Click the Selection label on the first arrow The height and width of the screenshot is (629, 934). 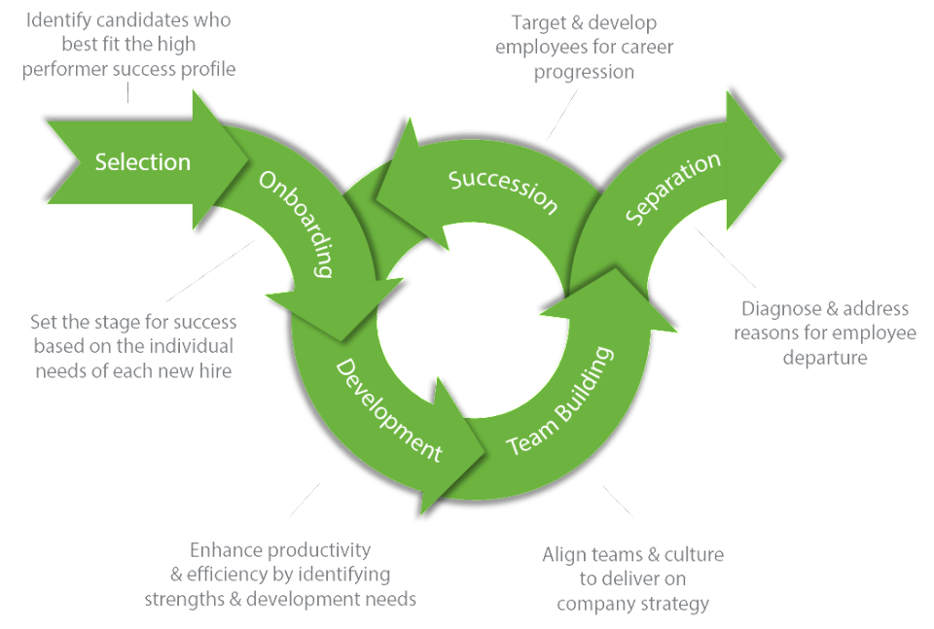tap(142, 161)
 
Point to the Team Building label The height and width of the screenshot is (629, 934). tap(562, 401)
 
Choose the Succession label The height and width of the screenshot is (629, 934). tap(502, 191)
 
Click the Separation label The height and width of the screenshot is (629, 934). tap(673, 188)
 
